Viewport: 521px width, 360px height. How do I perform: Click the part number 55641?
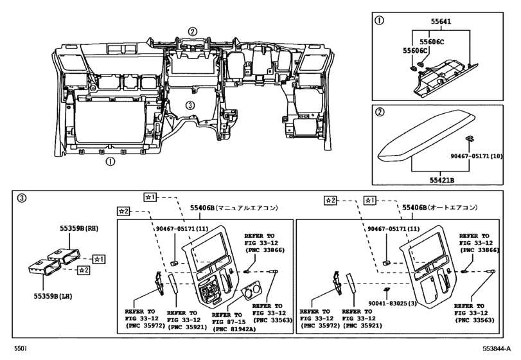point(441,21)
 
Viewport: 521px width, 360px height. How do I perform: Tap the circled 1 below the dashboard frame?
point(110,162)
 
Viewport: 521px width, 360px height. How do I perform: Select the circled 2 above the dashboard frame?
point(192,31)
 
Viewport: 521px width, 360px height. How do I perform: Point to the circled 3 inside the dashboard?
point(190,104)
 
